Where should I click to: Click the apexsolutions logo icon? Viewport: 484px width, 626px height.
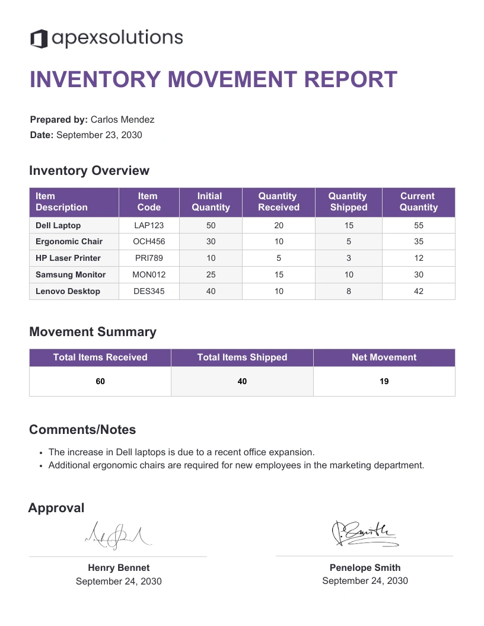click(x=39, y=39)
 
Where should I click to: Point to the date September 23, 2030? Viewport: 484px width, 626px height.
click(x=99, y=135)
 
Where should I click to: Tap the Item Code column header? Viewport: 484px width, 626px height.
click(x=148, y=202)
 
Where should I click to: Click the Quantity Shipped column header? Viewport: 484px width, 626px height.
click(x=348, y=202)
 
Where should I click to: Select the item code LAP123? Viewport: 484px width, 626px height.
click(x=149, y=225)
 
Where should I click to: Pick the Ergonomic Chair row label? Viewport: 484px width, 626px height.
click(x=69, y=242)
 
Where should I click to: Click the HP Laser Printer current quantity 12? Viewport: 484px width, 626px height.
click(x=418, y=258)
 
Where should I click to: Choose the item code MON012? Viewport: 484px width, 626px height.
click(x=149, y=275)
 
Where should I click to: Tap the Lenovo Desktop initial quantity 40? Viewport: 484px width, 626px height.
click(x=211, y=292)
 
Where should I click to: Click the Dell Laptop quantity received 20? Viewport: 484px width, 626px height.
click(x=279, y=225)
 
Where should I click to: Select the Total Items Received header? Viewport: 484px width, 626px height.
click(x=100, y=357)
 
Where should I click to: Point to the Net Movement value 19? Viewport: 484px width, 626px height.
click(x=384, y=382)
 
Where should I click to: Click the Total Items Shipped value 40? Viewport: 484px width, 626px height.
click(x=242, y=382)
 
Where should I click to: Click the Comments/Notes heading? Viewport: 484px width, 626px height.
click(x=82, y=430)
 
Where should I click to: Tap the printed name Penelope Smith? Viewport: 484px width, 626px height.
click(x=365, y=568)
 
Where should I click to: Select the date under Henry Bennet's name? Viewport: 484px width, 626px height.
click(x=119, y=582)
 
